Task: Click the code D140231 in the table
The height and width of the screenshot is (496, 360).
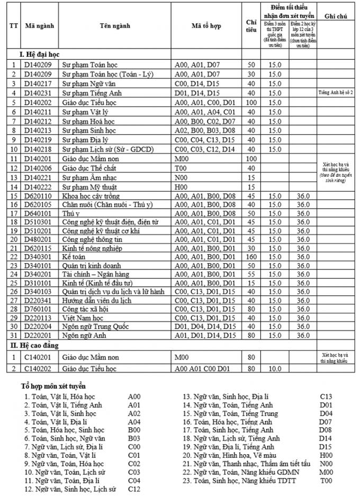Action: (x=38, y=93)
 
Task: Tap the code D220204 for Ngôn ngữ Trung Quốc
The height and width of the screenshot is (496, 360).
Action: (x=38, y=326)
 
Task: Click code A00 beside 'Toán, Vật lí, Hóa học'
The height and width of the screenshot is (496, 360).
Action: (x=135, y=396)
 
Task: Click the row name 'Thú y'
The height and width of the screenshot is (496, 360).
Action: (x=71, y=213)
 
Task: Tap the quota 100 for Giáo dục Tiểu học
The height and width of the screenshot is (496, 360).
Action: (x=251, y=102)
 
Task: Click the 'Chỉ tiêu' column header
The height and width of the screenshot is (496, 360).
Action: (x=251, y=26)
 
